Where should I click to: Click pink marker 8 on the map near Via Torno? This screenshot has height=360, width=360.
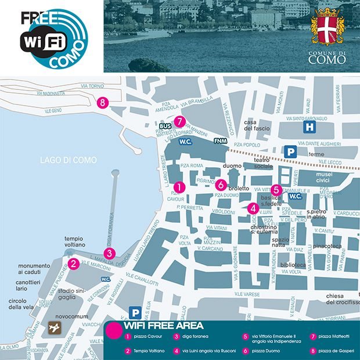coord(103,102)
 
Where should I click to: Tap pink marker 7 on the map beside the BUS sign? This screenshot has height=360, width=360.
coord(180,121)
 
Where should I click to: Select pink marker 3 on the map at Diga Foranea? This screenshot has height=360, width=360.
coord(110,253)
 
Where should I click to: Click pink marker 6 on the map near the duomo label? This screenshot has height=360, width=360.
coord(221,185)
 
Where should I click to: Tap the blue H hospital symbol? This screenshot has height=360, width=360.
coord(310,127)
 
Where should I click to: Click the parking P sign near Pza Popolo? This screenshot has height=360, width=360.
coord(289,151)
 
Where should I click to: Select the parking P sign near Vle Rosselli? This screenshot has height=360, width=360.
coord(135,312)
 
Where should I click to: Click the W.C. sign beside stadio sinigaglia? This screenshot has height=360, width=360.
coord(106,279)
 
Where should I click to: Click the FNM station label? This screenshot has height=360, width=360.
coord(220,141)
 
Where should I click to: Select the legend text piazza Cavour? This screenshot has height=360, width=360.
coord(147,337)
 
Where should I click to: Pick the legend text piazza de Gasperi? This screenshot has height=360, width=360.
coord(334,351)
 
